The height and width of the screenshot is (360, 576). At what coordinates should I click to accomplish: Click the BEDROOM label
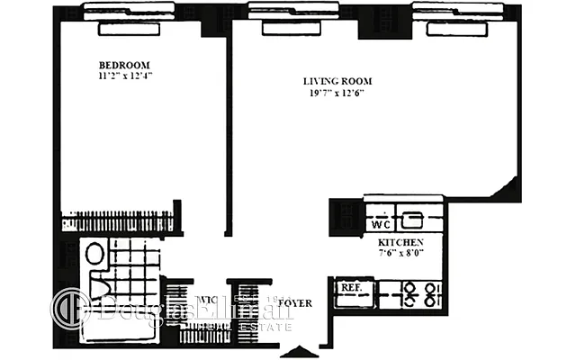pos(123,66)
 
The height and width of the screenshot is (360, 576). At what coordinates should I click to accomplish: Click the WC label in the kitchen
pos(380,220)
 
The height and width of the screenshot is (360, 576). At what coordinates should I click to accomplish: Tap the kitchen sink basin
pos(411,218)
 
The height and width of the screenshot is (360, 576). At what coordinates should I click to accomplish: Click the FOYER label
pos(294,304)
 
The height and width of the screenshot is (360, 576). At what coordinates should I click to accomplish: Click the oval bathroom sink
pos(94,255)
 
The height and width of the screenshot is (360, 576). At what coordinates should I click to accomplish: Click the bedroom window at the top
pos(129,27)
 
